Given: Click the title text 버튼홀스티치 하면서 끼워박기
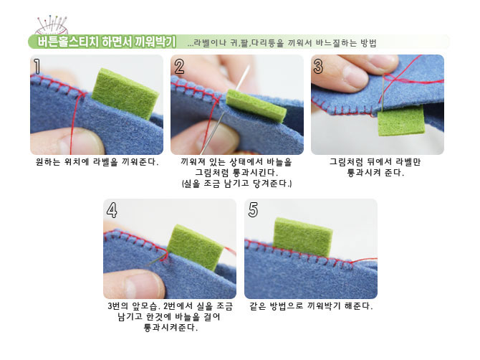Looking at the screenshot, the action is [107, 42].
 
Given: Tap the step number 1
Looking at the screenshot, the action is [37, 67].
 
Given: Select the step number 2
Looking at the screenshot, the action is [179, 67].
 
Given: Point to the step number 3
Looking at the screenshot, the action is [318, 67].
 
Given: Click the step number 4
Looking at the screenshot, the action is [112, 210].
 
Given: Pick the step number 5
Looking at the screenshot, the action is [253, 210].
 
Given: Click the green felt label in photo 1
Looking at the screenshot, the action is [125, 93].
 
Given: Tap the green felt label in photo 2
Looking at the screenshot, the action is [256, 106].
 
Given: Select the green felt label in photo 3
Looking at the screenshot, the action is [401, 120].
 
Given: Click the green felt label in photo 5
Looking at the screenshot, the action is [302, 237].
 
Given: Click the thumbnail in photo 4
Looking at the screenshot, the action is [143, 283].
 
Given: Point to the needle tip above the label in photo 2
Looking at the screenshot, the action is [248, 66].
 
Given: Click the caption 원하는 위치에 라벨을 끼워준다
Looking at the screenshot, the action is [97, 162].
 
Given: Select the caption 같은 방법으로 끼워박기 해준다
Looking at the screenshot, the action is [311, 305].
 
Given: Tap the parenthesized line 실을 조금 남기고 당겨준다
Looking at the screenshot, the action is [237, 184].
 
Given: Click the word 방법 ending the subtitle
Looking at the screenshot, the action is [368, 42].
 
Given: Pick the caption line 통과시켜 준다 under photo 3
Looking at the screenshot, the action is [375, 173].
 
